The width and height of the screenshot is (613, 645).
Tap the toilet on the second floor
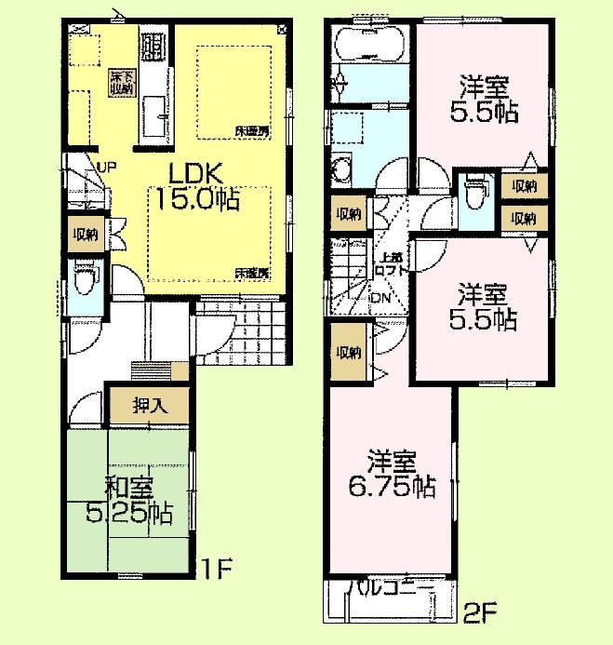(x=473, y=194)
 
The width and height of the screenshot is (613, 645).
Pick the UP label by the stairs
(x=105, y=167)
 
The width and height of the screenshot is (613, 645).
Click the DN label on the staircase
(x=380, y=298)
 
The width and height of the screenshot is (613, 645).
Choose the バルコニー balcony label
(x=390, y=589)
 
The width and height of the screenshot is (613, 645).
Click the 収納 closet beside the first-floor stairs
(x=87, y=235)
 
